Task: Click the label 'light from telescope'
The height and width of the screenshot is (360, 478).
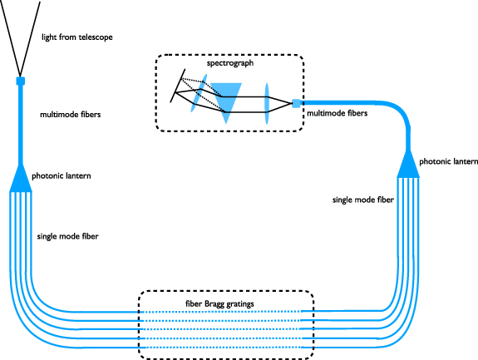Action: pyautogui.click(x=76, y=37)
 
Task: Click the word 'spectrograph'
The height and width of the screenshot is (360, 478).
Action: pyautogui.click(x=230, y=63)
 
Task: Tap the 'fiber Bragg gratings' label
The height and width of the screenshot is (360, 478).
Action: pyautogui.click(x=226, y=303)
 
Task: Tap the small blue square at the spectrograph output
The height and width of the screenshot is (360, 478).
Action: pyautogui.click(x=296, y=103)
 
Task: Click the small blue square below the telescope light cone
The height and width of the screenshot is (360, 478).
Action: pyautogui.click(x=21, y=81)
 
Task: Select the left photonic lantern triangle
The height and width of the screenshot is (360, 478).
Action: pyautogui.click(x=21, y=178)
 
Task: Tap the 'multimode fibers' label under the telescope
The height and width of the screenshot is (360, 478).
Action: pyautogui.click(x=71, y=115)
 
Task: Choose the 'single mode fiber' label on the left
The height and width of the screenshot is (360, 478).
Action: pyautogui.click(x=67, y=236)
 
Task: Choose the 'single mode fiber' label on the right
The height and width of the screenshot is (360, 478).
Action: pyautogui.click(x=362, y=200)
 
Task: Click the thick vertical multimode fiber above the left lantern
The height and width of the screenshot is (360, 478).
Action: pyautogui.click(x=21, y=125)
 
